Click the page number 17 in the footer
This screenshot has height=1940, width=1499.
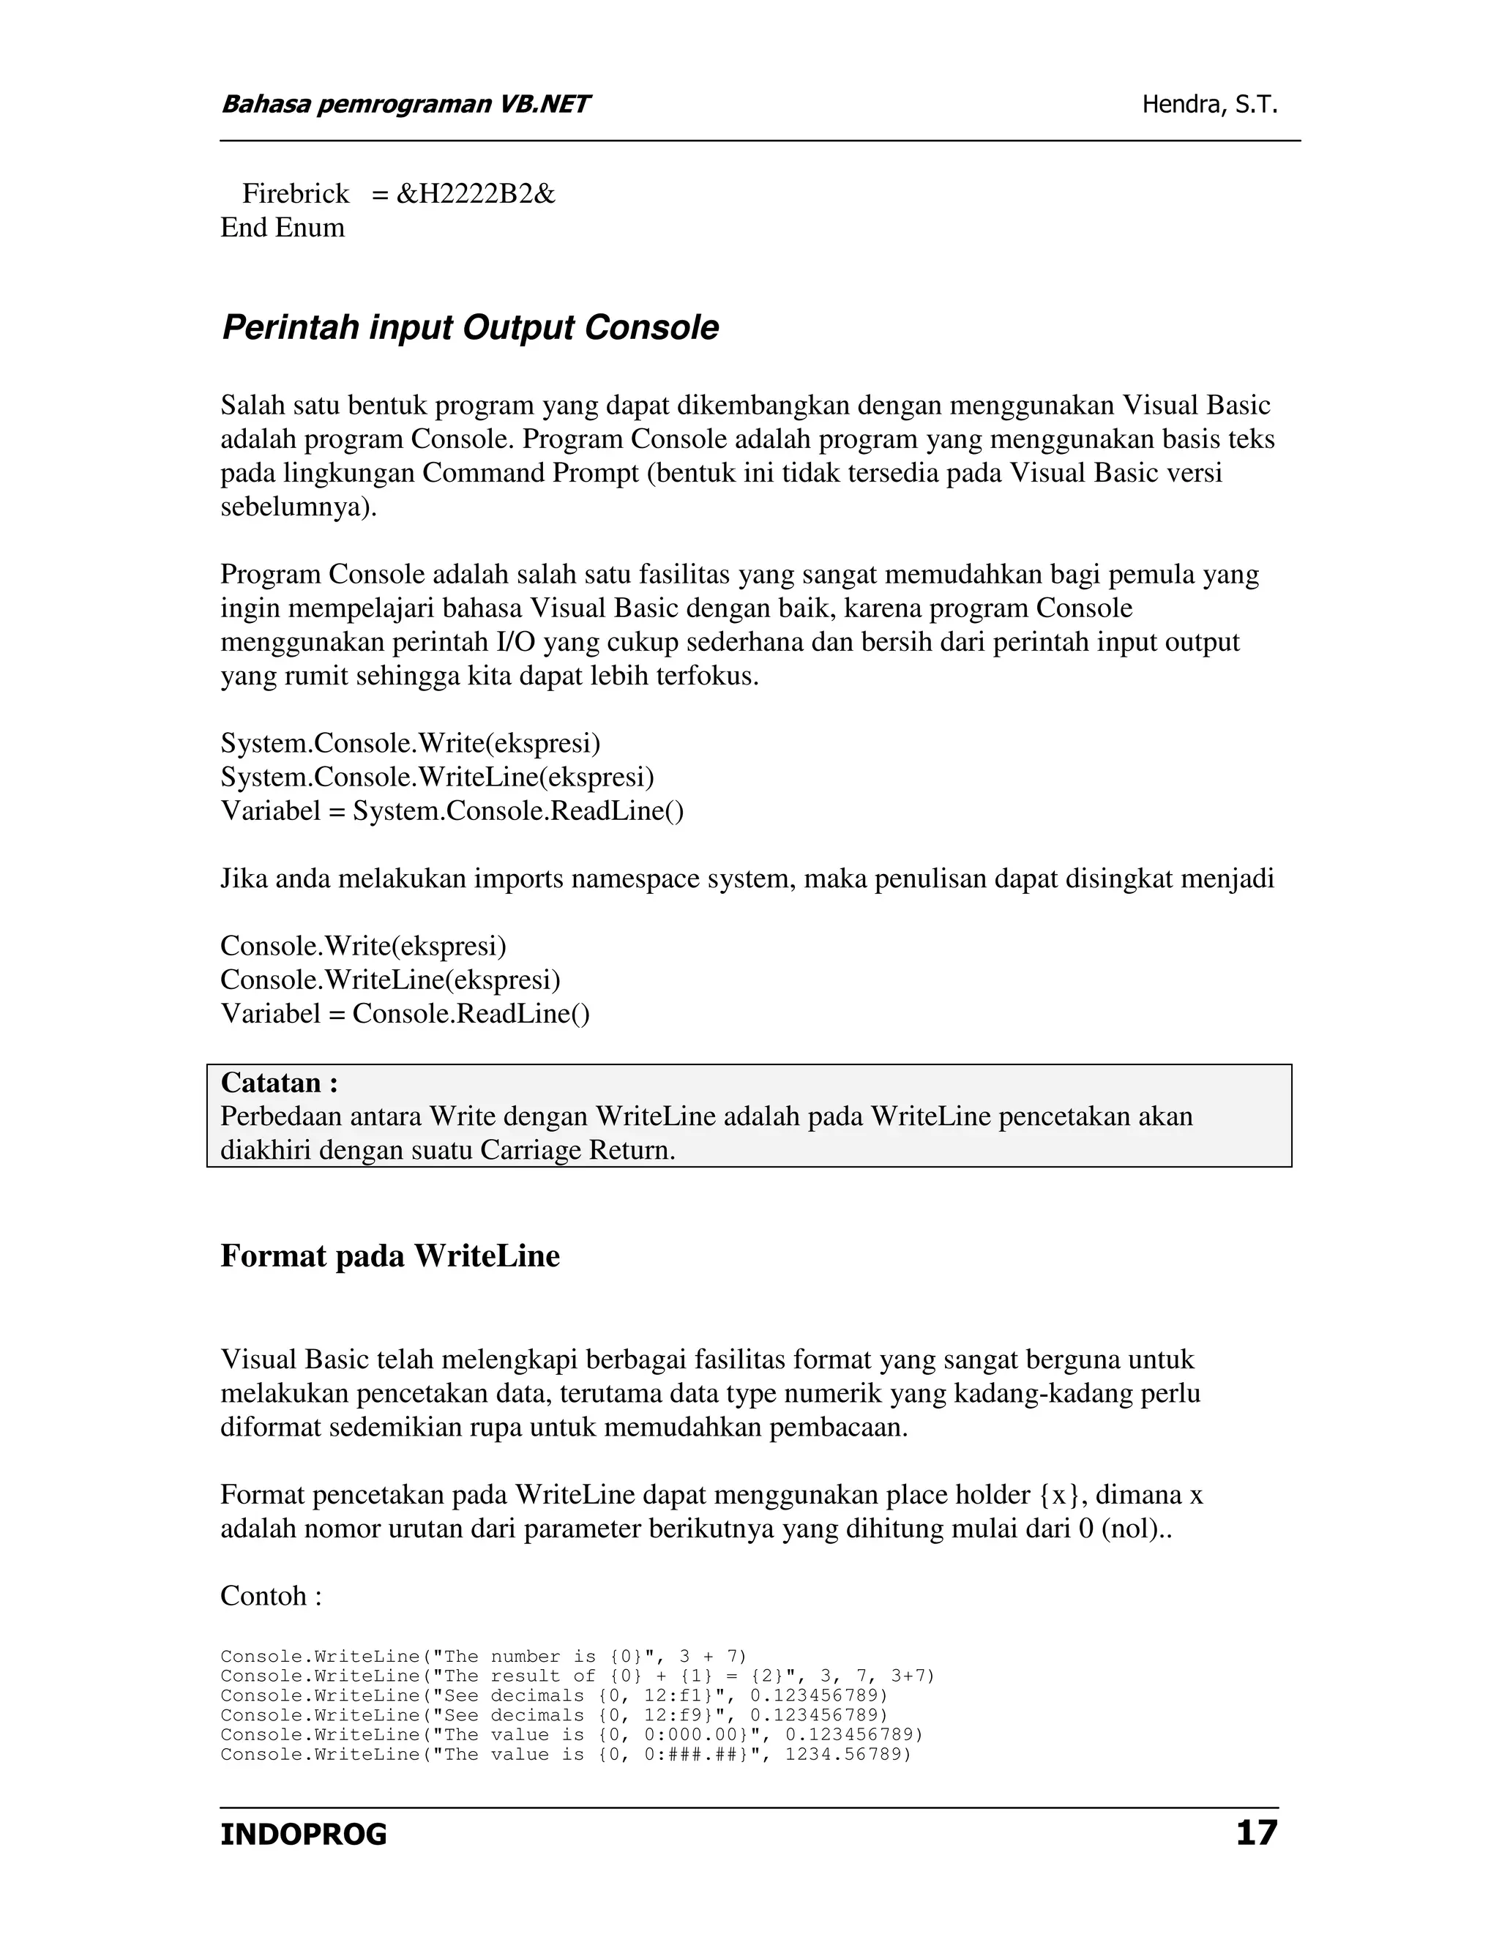pyautogui.click(x=1256, y=1832)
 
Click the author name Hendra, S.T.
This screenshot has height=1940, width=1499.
pyautogui.click(x=1209, y=105)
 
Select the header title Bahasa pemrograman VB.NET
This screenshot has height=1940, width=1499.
pyautogui.click(x=405, y=105)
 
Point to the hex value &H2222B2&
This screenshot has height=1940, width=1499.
pyautogui.click(x=475, y=194)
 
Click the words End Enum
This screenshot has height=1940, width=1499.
pyautogui.click(x=283, y=228)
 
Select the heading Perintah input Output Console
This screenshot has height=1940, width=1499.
pyautogui.click(x=470, y=328)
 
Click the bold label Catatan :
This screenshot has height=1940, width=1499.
pyautogui.click(x=279, y=1083)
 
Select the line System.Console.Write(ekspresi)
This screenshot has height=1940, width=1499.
pyautogui.click(x=411, y=742)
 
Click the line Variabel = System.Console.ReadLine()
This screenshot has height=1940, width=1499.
pyautogui.click(x=452, y=810)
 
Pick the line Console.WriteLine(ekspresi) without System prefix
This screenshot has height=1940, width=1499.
pyautogui.click(x=391, y=980)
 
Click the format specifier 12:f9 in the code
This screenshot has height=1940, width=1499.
pyautogui.click(x=679, y=1715)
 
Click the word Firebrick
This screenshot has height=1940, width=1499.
pyautogui.click(x=296, y=194)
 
